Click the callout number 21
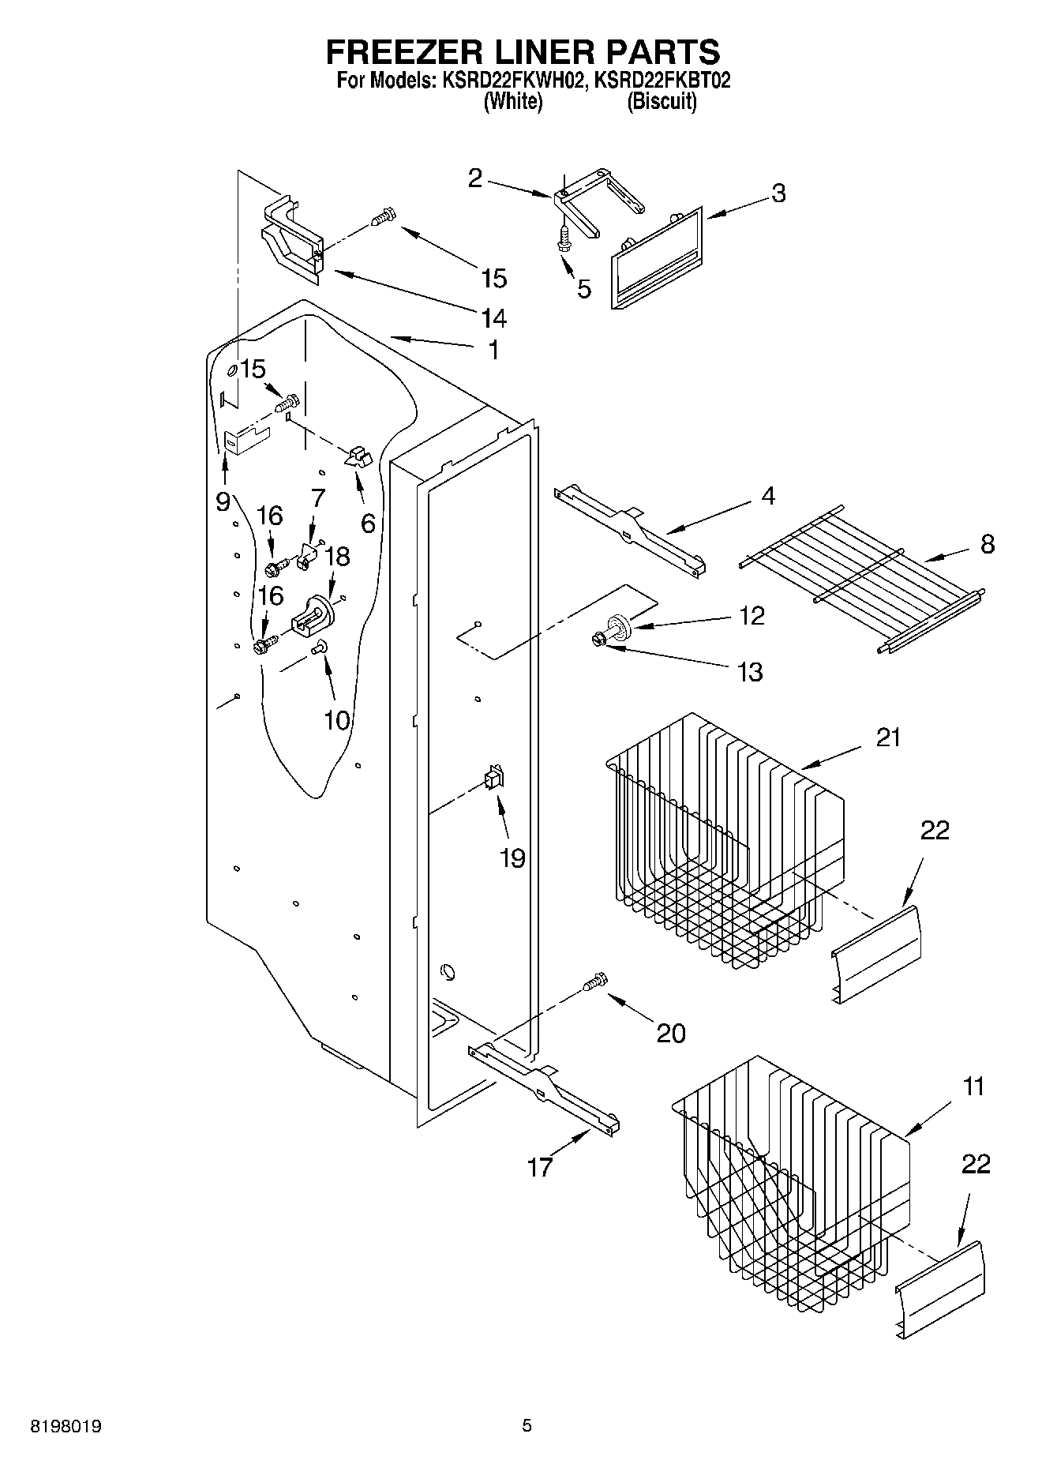pyautogui.click(x=888, y=738)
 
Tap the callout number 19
pyautogui.click(x=512, y=858)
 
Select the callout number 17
pyautogui.click(x=540, y=1166)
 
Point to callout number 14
pyautogui.click(x=493, y=317)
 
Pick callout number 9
pyautogui.click(x=223, y=501)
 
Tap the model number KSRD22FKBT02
pyautogui.click(x=662, y=81)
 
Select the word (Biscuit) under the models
pyautogui.click(x=662, y=102)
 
